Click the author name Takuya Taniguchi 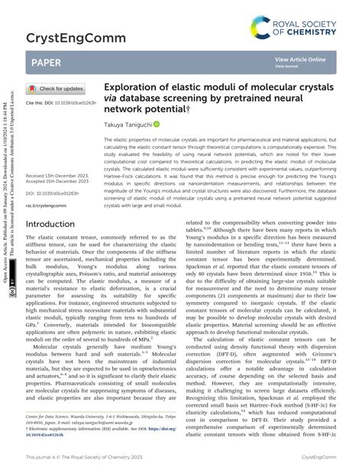coord(136,124)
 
